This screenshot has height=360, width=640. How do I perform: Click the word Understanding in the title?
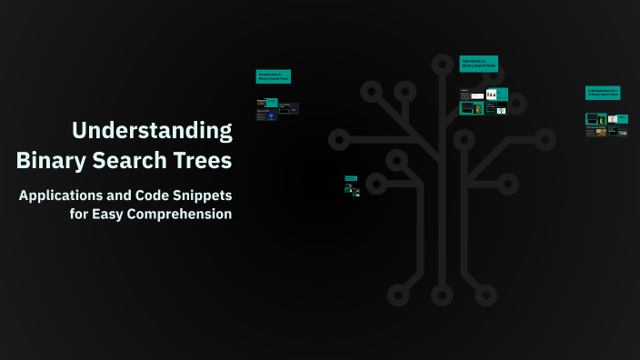tap(153, 130)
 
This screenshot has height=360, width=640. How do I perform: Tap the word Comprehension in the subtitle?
tap(177, 215)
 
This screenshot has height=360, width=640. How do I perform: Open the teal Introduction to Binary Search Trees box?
tap(274, 77)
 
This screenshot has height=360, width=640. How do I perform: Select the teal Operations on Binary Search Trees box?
tap(479, 64)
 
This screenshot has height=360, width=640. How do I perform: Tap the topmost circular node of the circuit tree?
tap(442, 64)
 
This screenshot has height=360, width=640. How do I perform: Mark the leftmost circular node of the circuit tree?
tap(338, 139)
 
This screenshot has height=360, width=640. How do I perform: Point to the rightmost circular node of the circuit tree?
tap(545, 139)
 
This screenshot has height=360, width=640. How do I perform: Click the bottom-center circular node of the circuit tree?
tap(442, 295)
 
